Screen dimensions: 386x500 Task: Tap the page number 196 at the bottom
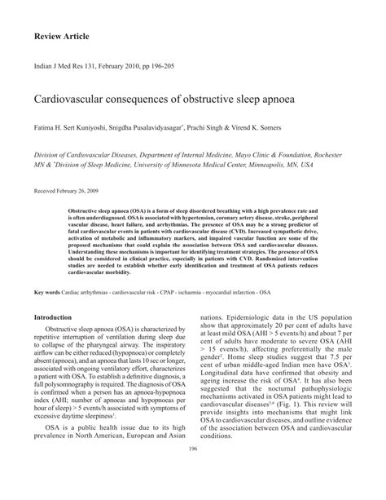point(193,471)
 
